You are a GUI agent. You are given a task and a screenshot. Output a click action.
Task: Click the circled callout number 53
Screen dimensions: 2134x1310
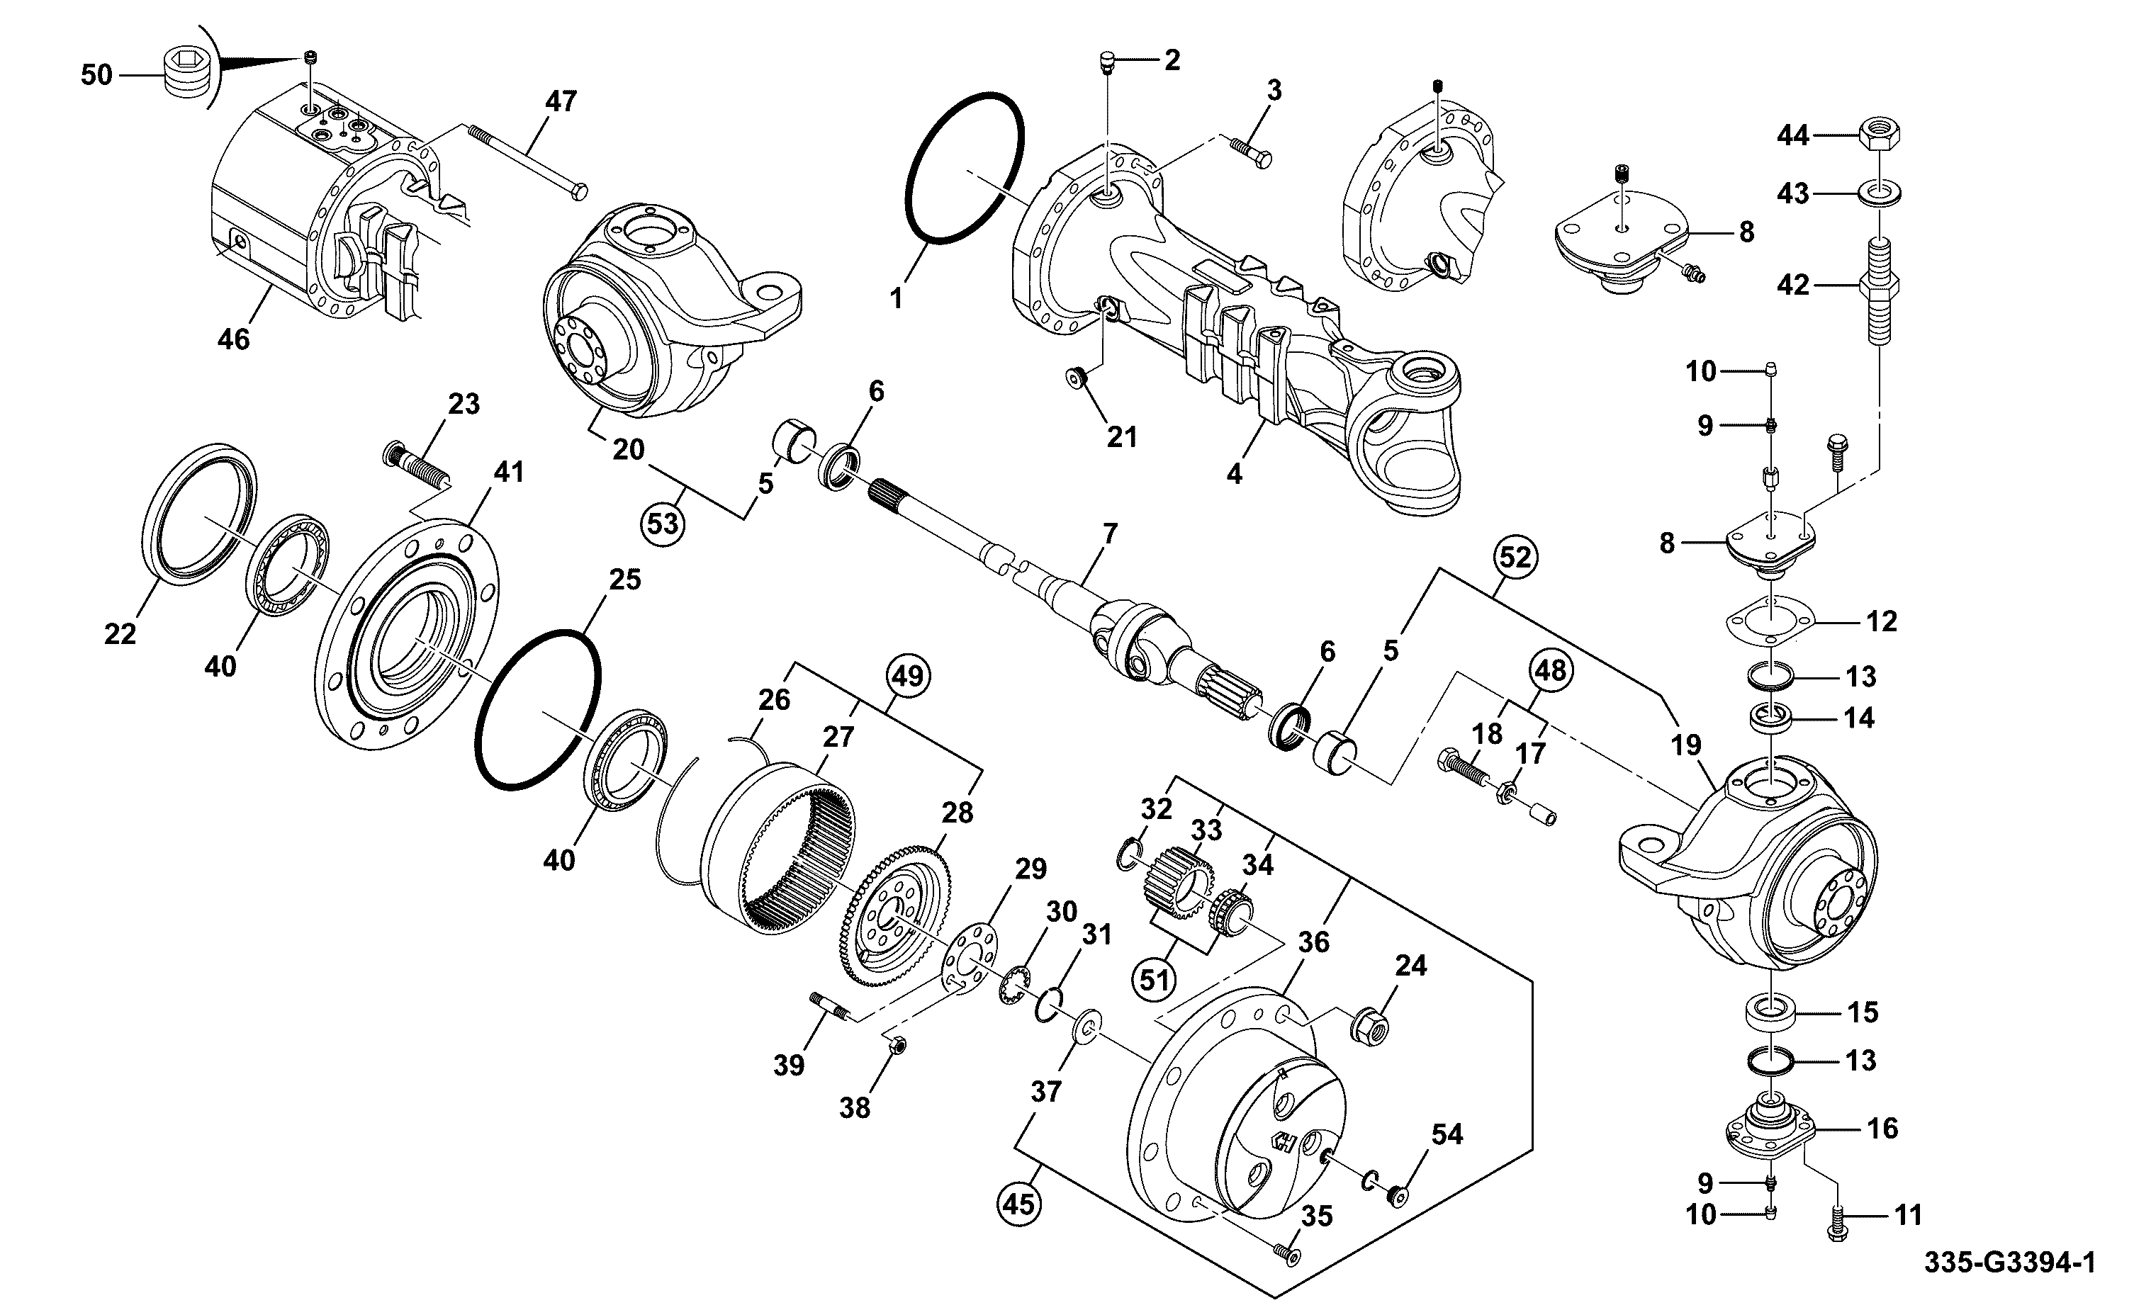coord(663,525)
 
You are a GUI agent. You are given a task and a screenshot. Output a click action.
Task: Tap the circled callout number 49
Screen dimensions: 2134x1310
coord(907,675)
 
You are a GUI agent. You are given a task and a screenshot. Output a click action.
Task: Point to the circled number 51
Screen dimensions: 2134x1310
coord(1154,980)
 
